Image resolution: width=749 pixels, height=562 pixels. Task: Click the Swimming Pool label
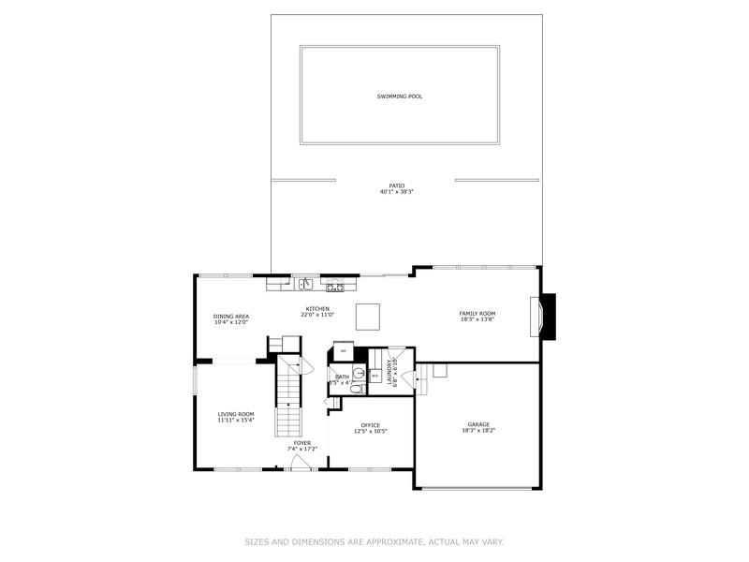point(399,96)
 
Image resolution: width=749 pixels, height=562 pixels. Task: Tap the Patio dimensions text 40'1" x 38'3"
point(397,192)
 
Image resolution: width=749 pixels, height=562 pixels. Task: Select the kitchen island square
point(368,317)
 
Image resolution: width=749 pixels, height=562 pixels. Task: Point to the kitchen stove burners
point(334,286)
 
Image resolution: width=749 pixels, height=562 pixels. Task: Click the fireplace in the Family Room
point(543,317)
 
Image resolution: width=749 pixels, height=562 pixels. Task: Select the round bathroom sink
point(345,370)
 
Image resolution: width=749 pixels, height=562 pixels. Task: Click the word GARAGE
point(478,424)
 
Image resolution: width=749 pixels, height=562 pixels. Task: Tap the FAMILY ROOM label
point(477,314)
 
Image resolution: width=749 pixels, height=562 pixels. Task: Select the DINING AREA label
point(231,317)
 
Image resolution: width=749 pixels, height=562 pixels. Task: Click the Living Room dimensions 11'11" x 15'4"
point(236,420)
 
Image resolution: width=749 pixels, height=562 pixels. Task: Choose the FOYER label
point(301,442)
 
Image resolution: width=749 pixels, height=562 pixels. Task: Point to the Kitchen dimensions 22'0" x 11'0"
point(316,315)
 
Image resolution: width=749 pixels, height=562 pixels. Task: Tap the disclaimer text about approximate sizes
point(374,541)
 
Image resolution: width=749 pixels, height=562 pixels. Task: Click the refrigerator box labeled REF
point(344,351)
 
